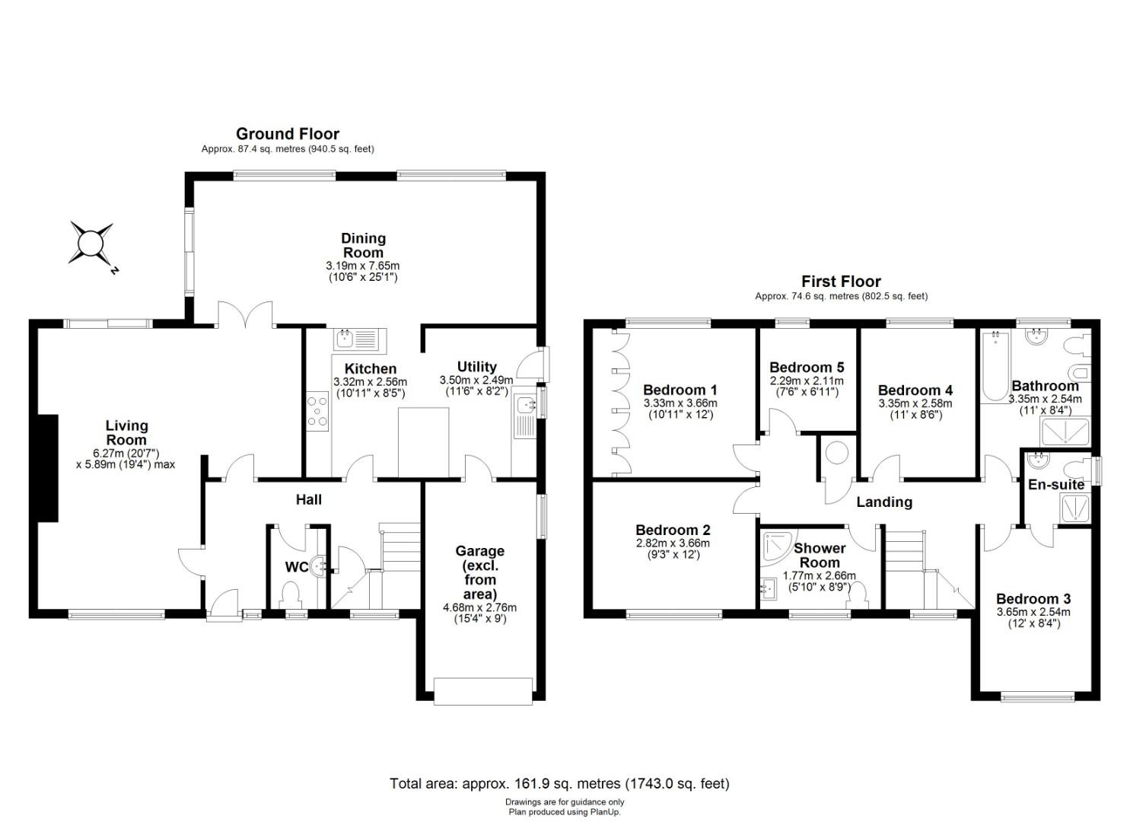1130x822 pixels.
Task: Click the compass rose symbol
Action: (x=91, y=244)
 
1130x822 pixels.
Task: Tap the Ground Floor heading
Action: (x=288, y=134)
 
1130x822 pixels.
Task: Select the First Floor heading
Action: (x=841, y=281)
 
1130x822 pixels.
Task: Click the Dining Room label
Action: (x=363, y=245)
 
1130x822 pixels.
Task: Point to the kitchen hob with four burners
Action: (x=317, y=411)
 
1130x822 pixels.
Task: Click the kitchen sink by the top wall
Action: (x=359, y=339)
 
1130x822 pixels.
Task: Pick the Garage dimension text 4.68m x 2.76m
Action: (x=479, y=607)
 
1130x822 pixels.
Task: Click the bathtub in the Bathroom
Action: (x=995, y=366)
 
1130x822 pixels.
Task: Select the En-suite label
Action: (x=1056, y=484)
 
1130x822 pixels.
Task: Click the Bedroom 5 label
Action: (x=807, y=367)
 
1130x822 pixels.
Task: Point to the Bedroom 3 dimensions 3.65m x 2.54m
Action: (x=1033, y=612)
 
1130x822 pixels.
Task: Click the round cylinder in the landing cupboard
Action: (x=837, y=453)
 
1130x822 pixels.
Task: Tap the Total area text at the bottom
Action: (x=559, y=783)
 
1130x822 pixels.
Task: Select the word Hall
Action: (x=309, y=499)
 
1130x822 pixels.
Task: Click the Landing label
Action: (x=884, y=502)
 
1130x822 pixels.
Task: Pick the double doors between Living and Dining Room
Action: (x=245, y=314)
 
